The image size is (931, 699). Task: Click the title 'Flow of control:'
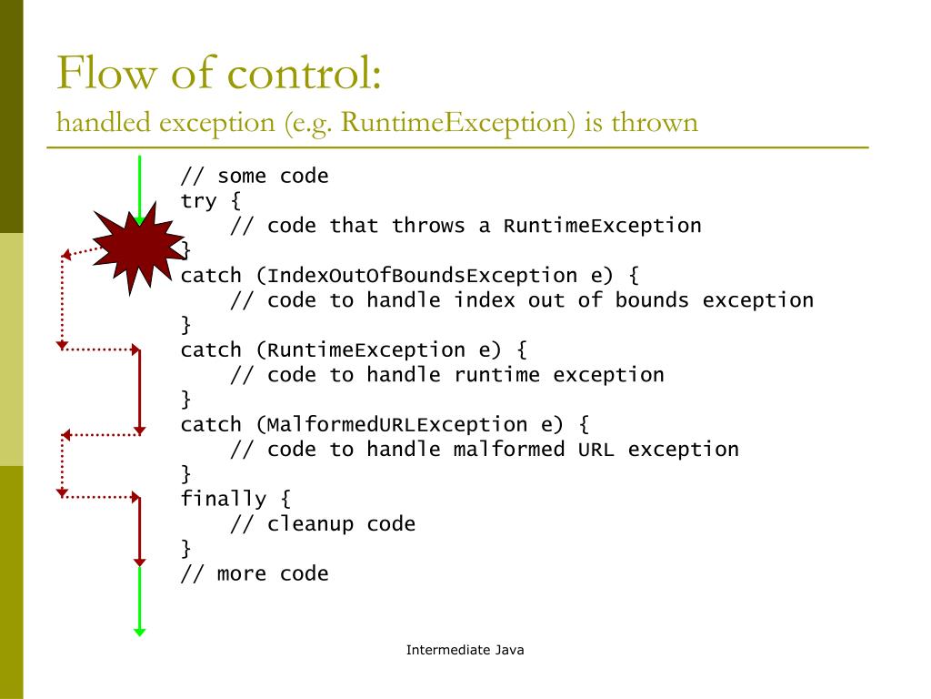(x=218, y=74)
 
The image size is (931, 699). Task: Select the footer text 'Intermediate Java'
(x=465, y=650)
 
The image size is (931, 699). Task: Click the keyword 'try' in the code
(x=199, y=200)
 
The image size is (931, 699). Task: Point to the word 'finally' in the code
(x=224, y=499)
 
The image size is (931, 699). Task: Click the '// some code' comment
(x=255, y=176)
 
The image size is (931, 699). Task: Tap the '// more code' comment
(x=255, y=573)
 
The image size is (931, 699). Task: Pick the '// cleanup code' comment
(x=323, y=524)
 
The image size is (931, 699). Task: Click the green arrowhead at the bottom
(x=139, y=630)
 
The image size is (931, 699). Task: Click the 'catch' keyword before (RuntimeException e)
(x=211, y=349)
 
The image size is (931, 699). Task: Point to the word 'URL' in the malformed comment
(x=596, y=449)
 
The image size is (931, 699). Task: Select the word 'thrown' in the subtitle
(x=655, y=121)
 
